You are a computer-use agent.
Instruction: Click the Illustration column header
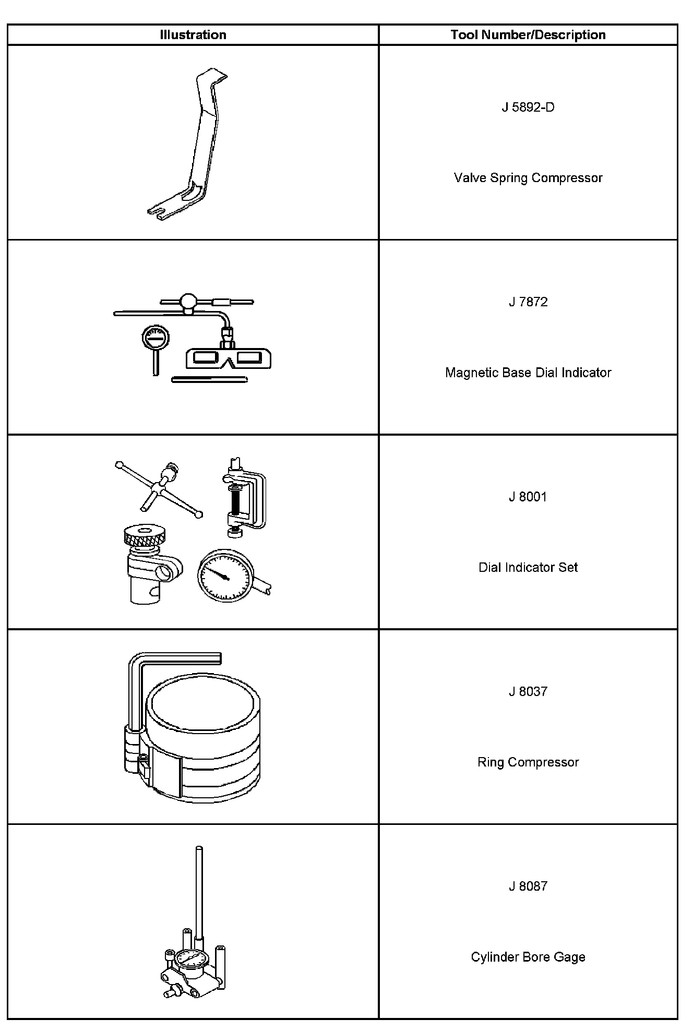coord(193,35)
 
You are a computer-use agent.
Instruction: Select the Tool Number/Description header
coord(528,35)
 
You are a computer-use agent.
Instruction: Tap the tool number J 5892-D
coord(528,107)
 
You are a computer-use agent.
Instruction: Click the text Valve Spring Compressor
coord(528,178)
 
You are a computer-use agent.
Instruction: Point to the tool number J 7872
coord(528,302)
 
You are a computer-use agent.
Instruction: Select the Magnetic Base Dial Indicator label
coord(528,373)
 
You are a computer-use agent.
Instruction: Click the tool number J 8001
coord(528,497)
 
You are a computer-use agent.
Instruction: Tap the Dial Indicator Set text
coord(528,567)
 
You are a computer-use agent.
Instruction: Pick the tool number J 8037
coord(528,692)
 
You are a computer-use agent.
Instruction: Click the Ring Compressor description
coord(528,762)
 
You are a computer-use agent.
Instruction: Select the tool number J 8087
coord(528,886)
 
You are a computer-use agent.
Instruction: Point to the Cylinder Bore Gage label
coord(528,957)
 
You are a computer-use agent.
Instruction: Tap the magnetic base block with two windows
coord(229,358)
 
